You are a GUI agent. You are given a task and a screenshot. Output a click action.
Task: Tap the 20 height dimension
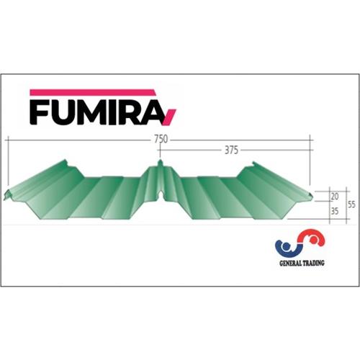pyautogui.click(x=333, y=195)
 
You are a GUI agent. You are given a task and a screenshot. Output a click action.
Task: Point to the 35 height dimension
pyautogui.click(x=333, y=212)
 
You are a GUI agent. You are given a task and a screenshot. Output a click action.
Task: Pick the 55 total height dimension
pyautogui.click(x=351, y=204)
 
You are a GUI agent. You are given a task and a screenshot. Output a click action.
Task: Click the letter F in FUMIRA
pyautogui.click(x=42, y=112)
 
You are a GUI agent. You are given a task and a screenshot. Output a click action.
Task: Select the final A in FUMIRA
pyautogui.click(x=158, y=112)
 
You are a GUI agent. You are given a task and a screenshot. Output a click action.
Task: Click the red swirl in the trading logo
pyautogui.click(x=307, y=241)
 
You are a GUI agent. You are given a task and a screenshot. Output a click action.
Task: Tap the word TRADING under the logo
pyautogui.click(x=312, y=264)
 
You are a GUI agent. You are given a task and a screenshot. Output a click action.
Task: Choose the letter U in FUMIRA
pyautogui.click(x=67, y=112)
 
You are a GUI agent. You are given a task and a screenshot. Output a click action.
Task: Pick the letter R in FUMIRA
pyautogui.click(x=137, y=112)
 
